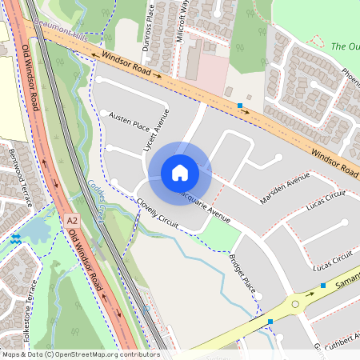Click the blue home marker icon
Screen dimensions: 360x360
point(180,173)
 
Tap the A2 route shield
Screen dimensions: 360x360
point(73,218)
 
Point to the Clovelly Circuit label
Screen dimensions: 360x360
point(158,210)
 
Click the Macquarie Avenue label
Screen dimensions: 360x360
point(203,205)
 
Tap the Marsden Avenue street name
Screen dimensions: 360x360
point(284,188)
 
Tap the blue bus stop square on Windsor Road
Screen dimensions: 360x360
point(239,106)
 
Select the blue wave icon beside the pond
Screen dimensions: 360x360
point(15,238)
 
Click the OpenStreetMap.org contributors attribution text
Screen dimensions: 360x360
point(104,354)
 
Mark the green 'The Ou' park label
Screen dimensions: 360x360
point(345,46)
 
